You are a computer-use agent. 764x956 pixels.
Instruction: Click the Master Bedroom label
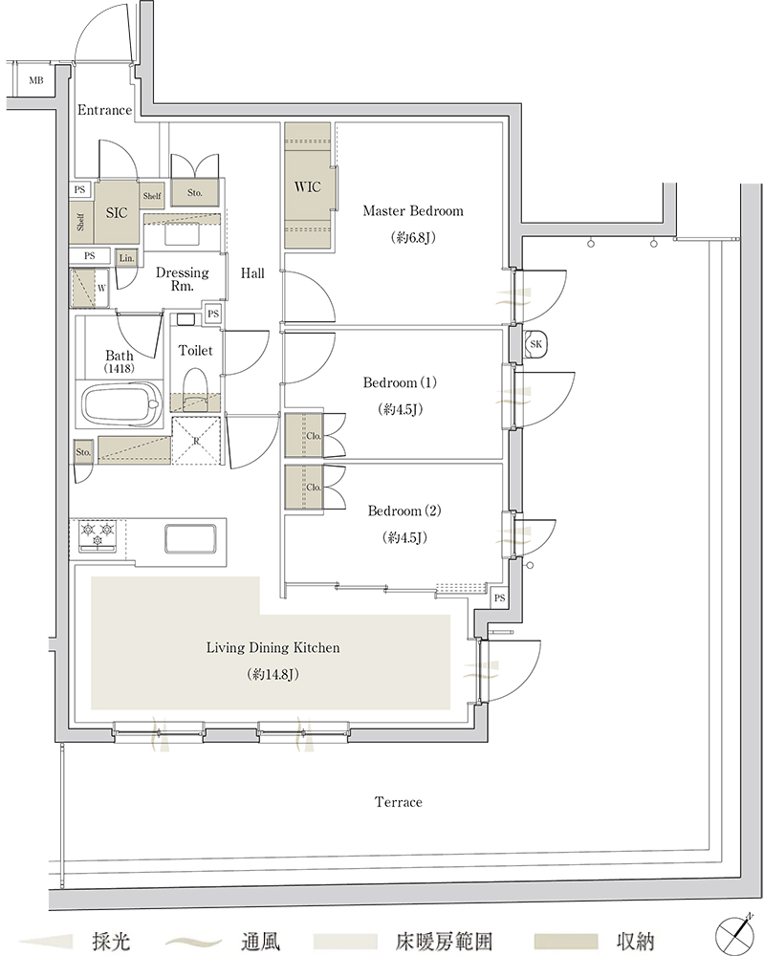point(413,211)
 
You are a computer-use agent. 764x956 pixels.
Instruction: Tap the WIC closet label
point(307,186)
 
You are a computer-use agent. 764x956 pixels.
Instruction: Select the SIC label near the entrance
point(117,212)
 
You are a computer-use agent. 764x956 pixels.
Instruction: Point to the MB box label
point(36,80)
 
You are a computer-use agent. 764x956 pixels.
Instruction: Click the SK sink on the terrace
point(536,344)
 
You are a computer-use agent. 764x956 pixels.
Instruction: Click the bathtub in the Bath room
point(121,404)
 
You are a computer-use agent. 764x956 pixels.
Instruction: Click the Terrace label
point(399,802)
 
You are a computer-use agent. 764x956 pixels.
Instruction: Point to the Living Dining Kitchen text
point(273,647)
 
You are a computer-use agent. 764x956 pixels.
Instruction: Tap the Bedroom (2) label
point(404,511)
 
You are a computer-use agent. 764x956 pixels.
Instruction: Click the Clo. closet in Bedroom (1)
point(304,435)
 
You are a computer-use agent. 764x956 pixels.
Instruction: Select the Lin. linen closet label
point(127,258)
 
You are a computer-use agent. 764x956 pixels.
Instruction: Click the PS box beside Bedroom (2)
point(499,598)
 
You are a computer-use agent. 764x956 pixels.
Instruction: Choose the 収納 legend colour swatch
point(566,941)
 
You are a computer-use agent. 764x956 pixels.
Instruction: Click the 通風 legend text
point(260,941)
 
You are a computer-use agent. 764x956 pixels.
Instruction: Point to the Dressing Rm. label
point(183,278)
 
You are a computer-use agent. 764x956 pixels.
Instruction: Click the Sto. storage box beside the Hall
point(194,193)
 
